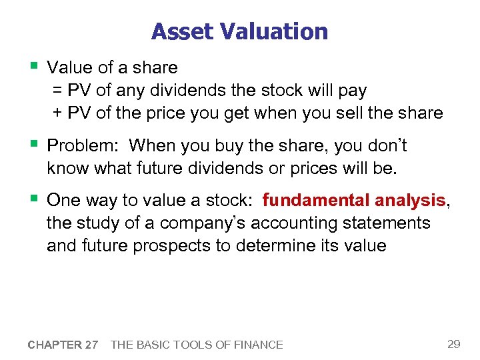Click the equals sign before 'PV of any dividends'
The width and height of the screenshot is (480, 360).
tap(58, 90)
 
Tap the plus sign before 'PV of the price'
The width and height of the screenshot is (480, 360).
tap(58, 113)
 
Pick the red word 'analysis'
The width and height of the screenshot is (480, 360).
tap(410, 200)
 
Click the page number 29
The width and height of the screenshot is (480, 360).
tap(453, 344)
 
